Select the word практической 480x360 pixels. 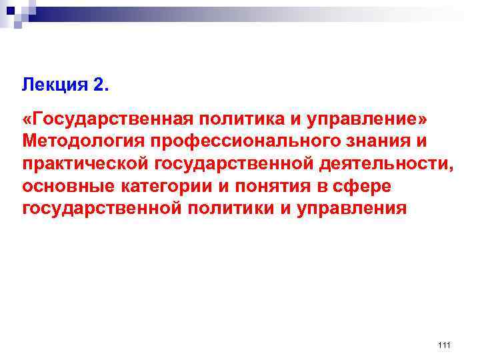click(87, 164)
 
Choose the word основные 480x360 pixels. click(63, 186)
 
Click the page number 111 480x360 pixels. click(445, 344)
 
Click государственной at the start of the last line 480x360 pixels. click(100, 208)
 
